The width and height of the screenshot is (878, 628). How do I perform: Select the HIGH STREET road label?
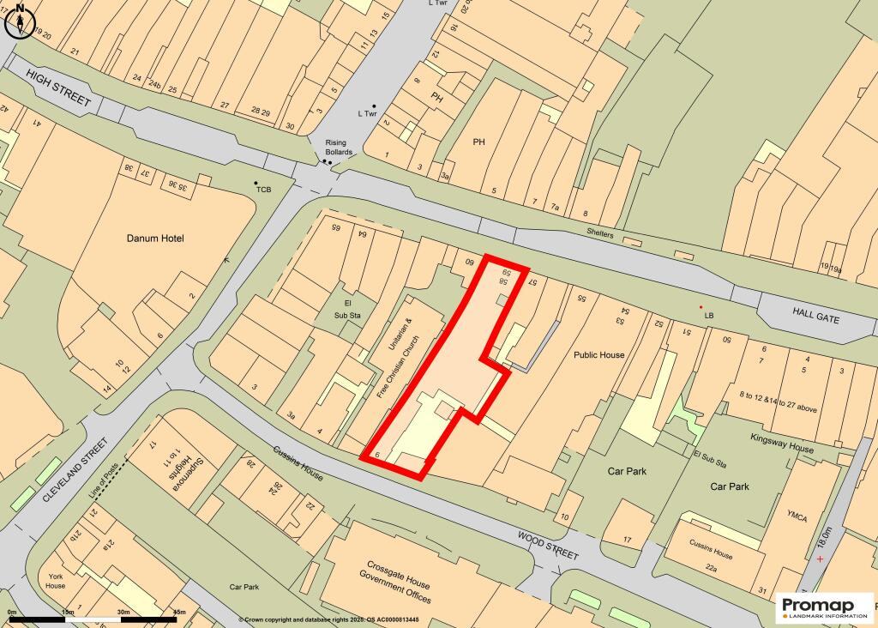tap(58, 89)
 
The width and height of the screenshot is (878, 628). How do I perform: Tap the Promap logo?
tap(823, 608)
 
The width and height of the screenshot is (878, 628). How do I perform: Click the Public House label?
tap(599, 354)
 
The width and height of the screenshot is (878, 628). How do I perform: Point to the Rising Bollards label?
tap(339, 148)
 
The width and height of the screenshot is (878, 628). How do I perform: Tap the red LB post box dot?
tap(701, 307)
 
